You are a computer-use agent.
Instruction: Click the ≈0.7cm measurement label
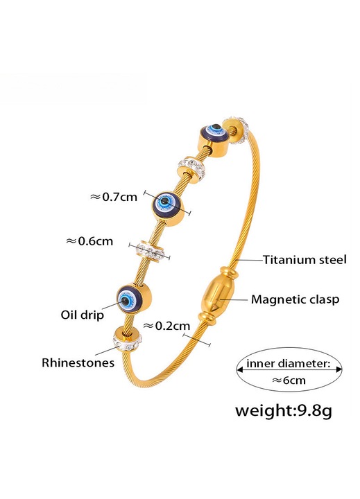tap(114, 197)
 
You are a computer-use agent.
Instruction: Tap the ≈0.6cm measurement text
tap(89, 241)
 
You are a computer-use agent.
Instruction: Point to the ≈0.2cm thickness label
tap(166, 326)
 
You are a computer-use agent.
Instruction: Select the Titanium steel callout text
tap(305, 260)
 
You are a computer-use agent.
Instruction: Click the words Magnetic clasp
tap(295, 299)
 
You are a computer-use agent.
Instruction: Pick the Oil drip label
tap(82, 315)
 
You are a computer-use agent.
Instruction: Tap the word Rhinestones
tap(78, 362)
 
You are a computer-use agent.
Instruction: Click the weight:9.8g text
tap(283, 410)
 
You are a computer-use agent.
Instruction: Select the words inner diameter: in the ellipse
tap(289, 363)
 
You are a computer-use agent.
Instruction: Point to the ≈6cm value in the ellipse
tap(289, 380)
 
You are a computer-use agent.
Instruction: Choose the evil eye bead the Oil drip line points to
tap(133, 299)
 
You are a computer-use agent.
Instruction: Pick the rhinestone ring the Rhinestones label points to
tap(127, 338)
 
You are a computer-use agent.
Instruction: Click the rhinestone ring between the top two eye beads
tap(191, 168)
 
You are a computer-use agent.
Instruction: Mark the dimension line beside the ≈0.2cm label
tap(196, 339)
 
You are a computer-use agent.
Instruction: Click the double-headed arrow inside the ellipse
tap(289, 369)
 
